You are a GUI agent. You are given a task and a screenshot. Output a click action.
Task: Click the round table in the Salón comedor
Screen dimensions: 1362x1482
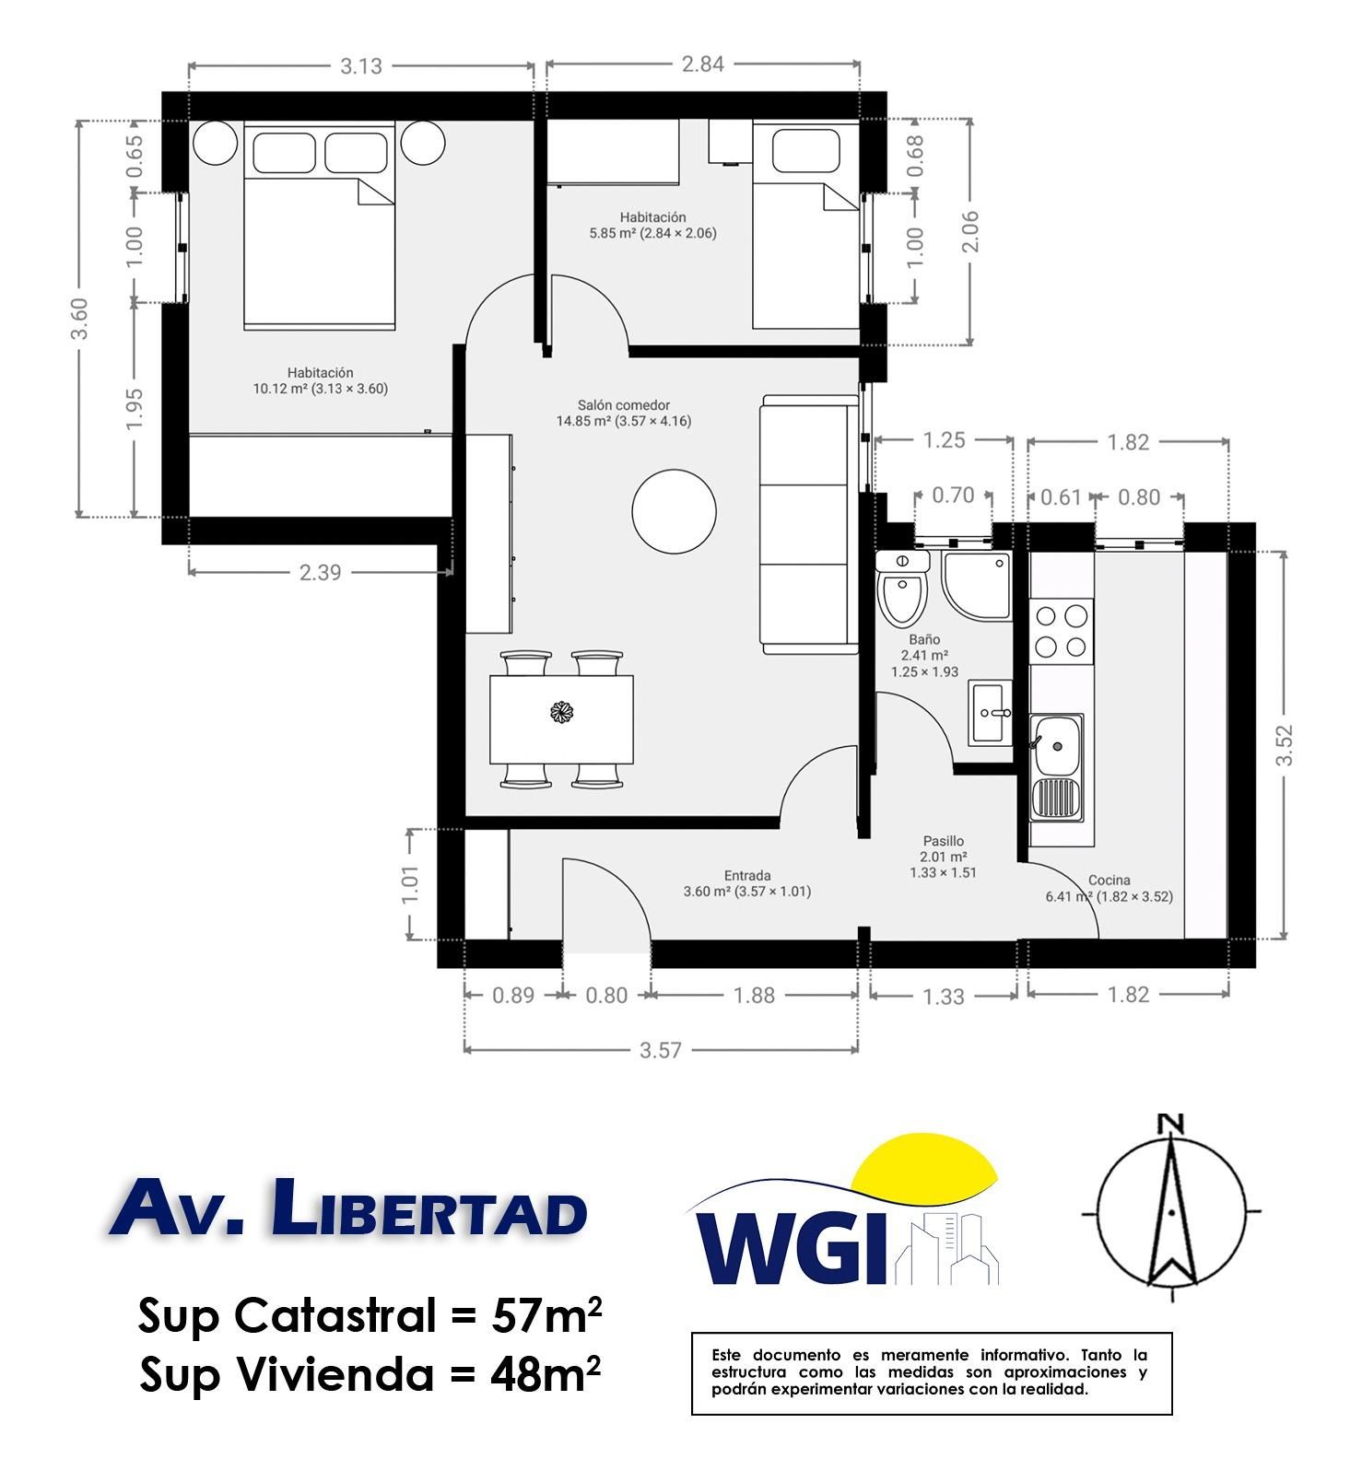674,511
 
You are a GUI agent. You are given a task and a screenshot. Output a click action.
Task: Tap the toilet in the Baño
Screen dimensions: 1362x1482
901,589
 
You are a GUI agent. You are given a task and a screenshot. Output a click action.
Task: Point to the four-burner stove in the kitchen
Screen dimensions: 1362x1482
1062,631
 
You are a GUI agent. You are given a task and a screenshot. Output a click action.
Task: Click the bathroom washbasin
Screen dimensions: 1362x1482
991,712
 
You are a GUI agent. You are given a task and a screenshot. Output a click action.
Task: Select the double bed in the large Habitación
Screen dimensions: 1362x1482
320,226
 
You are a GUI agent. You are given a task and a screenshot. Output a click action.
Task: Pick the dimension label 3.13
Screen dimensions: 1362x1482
360,66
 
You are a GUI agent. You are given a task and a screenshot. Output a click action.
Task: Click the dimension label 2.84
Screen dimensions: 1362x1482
702,64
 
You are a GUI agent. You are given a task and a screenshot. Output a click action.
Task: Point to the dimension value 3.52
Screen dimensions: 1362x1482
1284,745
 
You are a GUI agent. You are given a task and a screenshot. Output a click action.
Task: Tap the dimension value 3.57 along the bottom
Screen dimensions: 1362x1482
660,1050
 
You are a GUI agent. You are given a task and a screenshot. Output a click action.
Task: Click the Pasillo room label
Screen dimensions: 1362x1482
944,841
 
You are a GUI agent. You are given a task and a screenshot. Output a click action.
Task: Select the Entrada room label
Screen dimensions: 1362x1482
747,876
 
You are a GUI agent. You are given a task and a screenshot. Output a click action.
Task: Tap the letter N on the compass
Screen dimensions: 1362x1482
1170,1124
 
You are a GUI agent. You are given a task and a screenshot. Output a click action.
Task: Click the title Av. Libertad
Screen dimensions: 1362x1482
347,1208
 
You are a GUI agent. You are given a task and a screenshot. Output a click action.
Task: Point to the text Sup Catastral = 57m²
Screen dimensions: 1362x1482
370,1315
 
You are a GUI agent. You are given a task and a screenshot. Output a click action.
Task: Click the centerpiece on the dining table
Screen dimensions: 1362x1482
561,712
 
